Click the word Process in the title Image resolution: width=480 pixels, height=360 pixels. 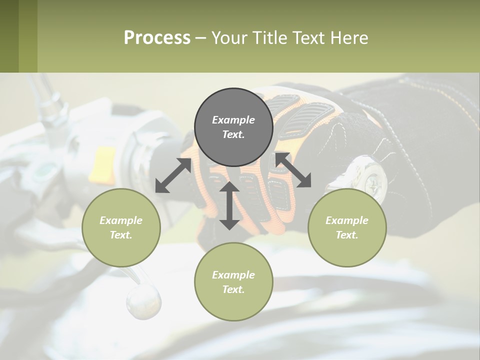(157, 38)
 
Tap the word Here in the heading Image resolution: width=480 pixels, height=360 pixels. (348, 38)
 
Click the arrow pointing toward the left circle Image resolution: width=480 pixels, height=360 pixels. (173, 175)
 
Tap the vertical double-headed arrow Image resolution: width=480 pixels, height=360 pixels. (229, 205)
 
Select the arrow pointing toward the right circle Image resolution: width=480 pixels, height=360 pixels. (293, 170)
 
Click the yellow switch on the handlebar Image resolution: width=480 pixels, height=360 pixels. (102, 163)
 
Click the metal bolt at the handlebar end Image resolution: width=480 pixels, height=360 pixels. (372, 177)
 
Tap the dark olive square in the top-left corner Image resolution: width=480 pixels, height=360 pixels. (9, 36)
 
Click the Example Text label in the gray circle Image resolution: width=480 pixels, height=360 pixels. (233, 127)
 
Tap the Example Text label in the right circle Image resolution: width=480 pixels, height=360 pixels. (347, 227)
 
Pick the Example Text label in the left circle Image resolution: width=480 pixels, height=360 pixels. (121, 227)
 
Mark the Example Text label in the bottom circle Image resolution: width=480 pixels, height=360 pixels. (233, 282)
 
